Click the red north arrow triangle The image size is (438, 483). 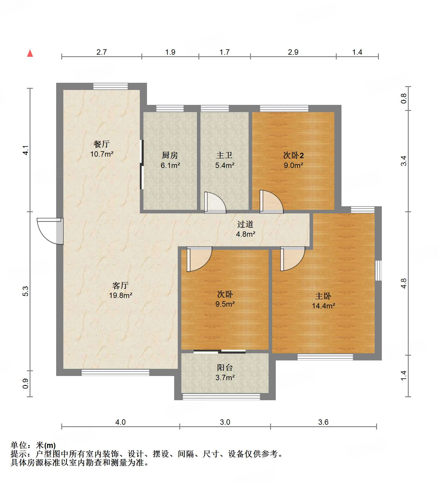(30, 54)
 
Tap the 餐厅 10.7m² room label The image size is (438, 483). (102, 149)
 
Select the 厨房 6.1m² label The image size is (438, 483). (170, 160)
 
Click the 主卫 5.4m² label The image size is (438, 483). (224, 160)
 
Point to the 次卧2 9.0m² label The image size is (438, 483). (293, 160)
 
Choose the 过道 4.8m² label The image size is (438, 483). (245, 229)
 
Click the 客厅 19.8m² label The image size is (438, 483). (120, 290)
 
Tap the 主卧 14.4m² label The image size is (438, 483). (323, 301)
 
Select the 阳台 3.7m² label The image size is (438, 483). (225, 372)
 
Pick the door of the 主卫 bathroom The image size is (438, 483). (215, 203)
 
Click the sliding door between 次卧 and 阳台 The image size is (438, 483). (220, 351)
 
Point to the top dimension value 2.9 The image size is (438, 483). (293, 52)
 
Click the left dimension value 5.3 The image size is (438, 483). (26, 291)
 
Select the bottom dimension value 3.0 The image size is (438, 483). (225, 422)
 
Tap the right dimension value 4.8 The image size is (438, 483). (404, 283)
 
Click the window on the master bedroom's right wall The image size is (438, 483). (378, 270)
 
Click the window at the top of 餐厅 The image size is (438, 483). (111, 86)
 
